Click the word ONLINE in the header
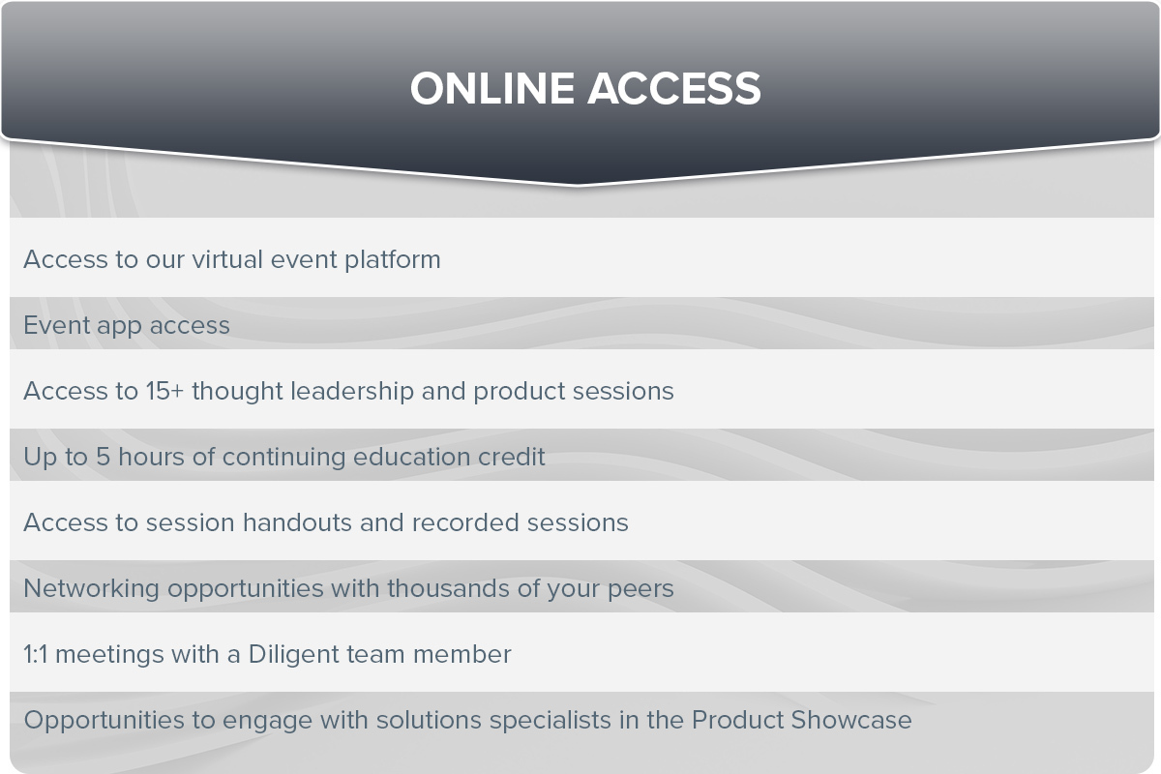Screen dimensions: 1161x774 [491, 89]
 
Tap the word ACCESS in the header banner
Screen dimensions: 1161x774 [673, 89]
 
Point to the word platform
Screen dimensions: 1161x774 [393, 260]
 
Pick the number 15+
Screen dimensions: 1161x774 [164, 391]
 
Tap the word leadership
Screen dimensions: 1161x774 [352, 392]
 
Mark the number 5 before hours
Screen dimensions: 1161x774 [103, 457]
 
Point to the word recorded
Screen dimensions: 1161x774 [465, 522]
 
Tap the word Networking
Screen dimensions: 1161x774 [91, 589]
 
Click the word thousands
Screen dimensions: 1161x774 [448, 588]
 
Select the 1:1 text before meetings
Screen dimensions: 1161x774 [35, 654]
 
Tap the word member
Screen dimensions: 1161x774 [461, 654]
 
